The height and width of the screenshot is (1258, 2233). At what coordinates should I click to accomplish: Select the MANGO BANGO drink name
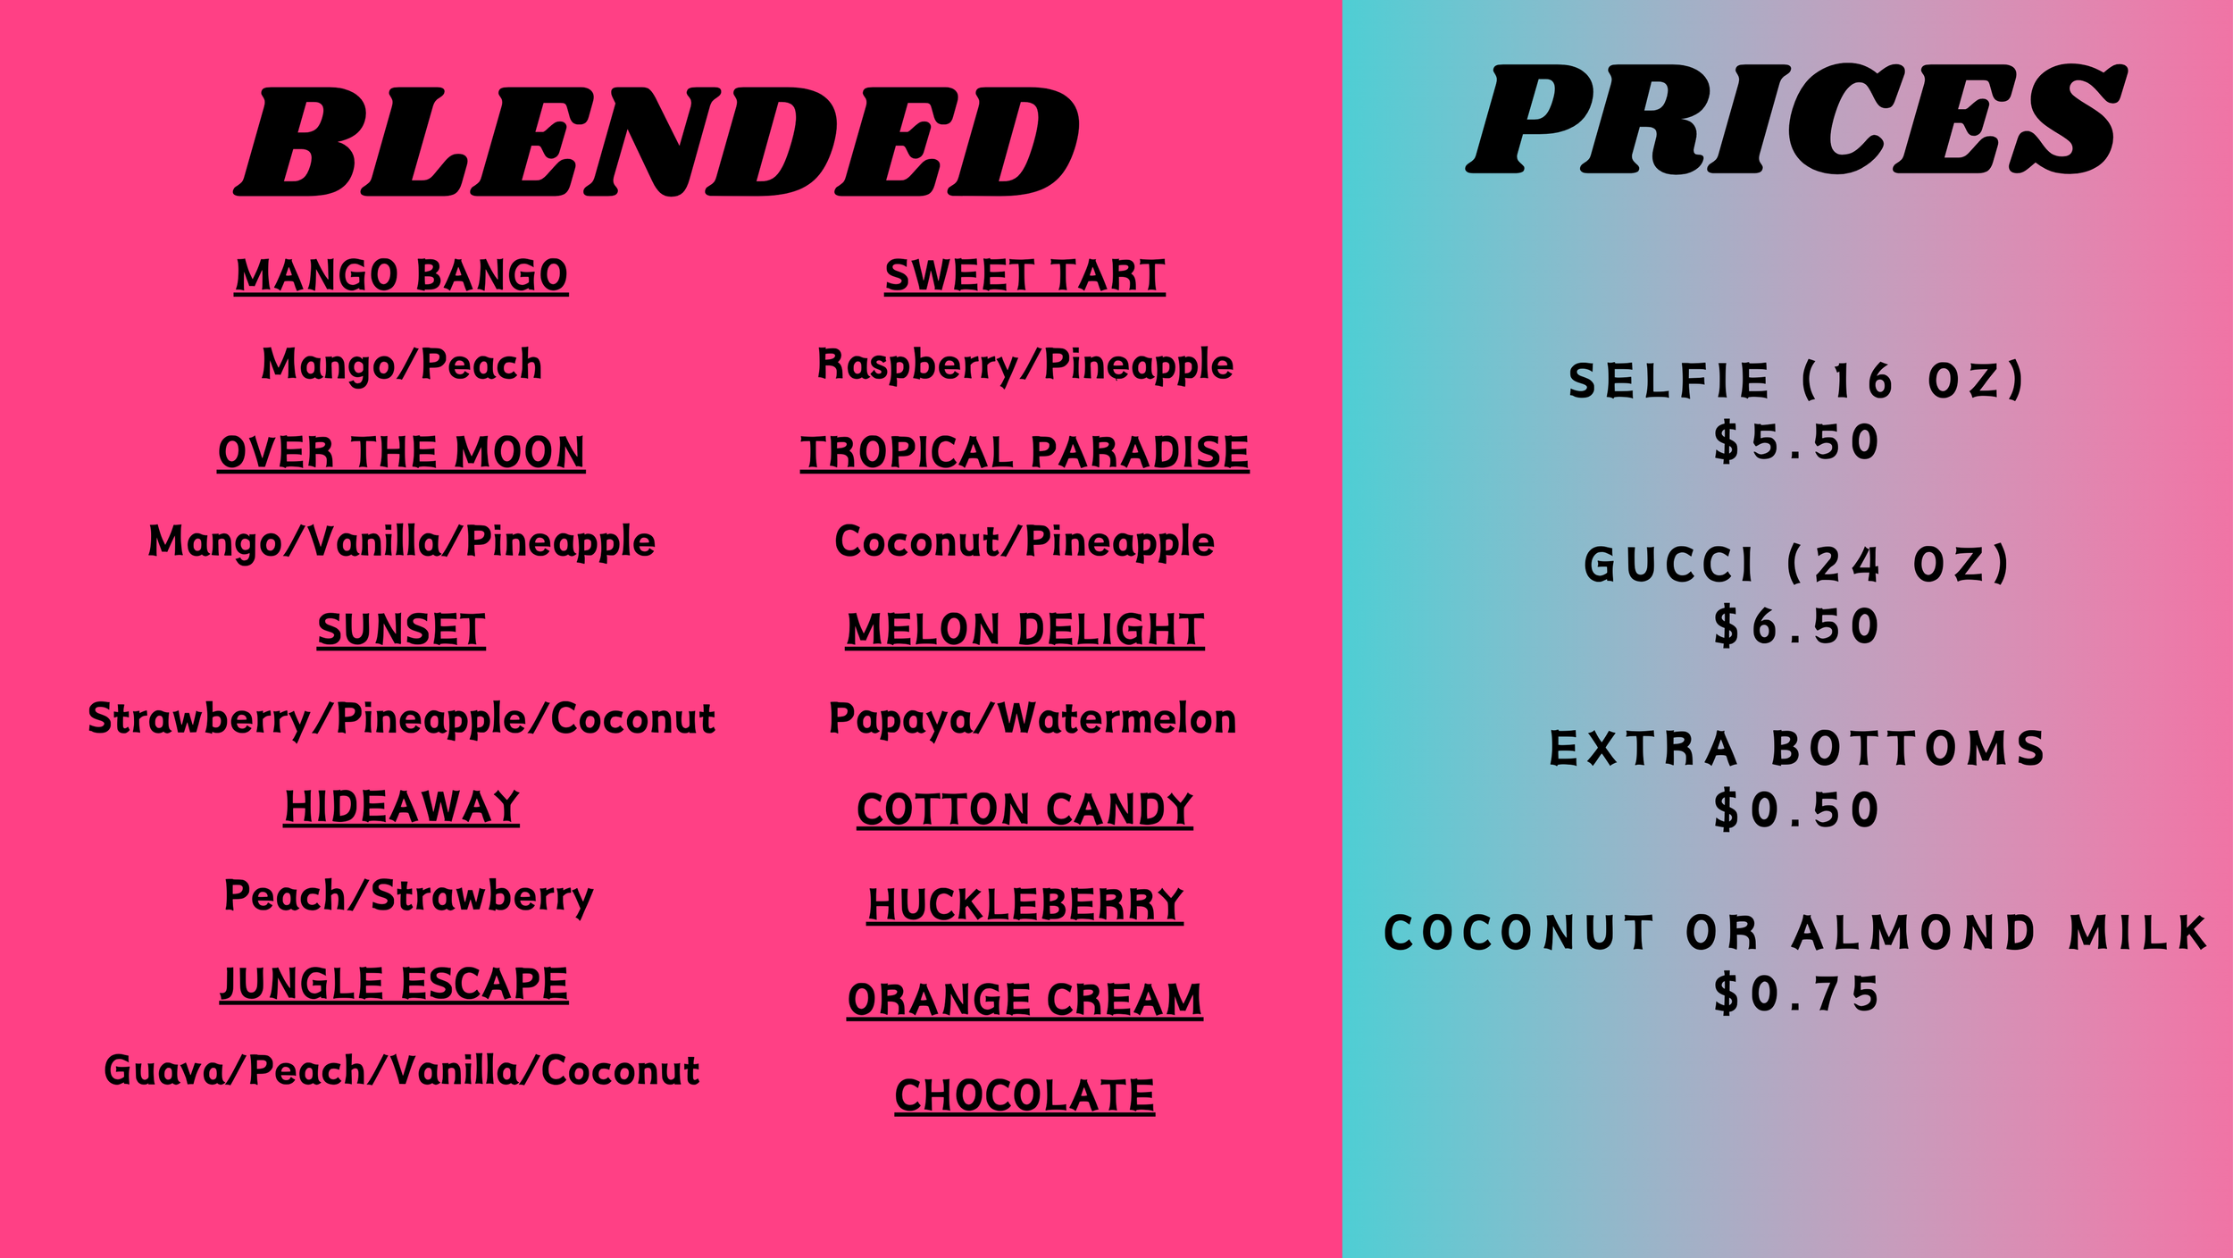[401, 275]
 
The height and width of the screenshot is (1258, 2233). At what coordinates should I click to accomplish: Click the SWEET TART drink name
[1025, 275]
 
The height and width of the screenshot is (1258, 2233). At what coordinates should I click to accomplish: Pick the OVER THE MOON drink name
[401, 452]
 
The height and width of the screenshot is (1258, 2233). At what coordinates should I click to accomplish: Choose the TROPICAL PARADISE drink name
[1025, 452]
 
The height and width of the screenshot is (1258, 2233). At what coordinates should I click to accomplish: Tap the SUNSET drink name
[401, 630]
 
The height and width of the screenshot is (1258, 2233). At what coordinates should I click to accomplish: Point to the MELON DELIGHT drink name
[1025, 630]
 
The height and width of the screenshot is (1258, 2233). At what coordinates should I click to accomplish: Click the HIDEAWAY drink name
[401, 807]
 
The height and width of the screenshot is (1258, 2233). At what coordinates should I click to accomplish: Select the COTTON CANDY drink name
[1025, 809]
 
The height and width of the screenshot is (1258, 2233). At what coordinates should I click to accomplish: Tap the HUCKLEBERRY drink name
[1025, 905]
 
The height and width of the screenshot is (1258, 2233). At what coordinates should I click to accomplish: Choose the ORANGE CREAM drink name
[1025, 1000]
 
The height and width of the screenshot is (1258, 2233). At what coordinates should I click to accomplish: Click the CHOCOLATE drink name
[1025, 1096]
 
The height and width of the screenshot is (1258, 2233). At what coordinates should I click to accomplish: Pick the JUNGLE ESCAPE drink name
[394, 984]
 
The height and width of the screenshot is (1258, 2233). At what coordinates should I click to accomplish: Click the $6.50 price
[1795, 626]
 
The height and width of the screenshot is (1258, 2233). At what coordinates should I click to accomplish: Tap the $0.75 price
[1795, 994]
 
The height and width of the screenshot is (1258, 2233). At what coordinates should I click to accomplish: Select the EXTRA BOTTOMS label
[1795, 749]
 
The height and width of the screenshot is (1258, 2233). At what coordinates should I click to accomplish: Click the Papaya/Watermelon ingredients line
[1032, 719]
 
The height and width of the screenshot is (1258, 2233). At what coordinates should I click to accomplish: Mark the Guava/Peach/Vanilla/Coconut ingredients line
[401, 1070]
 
